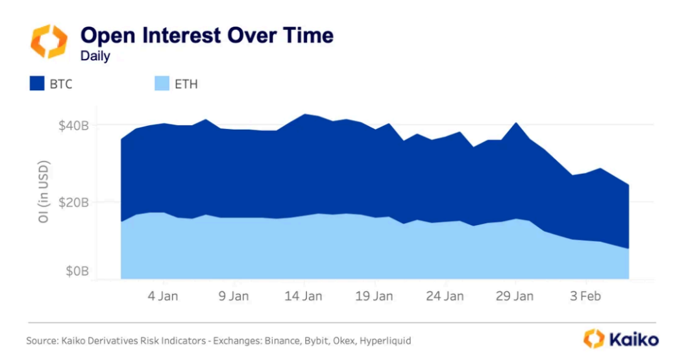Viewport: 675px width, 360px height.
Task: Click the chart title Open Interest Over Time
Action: [x=206, y=35]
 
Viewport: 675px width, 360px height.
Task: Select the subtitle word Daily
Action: [x=95, y=56]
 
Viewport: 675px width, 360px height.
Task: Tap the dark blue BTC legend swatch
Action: [x=37, y=84]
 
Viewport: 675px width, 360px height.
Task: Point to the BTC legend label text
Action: [x=62, y=84]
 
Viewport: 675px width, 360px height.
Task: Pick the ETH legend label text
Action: [x=186, y=84]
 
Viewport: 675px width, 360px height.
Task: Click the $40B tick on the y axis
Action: [x=73, y=125]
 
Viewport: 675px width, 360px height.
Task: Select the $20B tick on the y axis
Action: [x=73, y=202]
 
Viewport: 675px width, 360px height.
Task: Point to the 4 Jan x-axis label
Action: [x=164, y=296]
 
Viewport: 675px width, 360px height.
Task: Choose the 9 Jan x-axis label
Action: [x=234, y=296]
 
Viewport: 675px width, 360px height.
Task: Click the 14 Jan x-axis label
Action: [x=304, y=296]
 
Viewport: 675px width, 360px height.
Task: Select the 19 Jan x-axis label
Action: [x=374, y=296]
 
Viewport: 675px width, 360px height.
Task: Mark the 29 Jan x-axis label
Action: [x=515, y=296]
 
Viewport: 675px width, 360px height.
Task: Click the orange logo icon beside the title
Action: [x=49, y=42]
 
